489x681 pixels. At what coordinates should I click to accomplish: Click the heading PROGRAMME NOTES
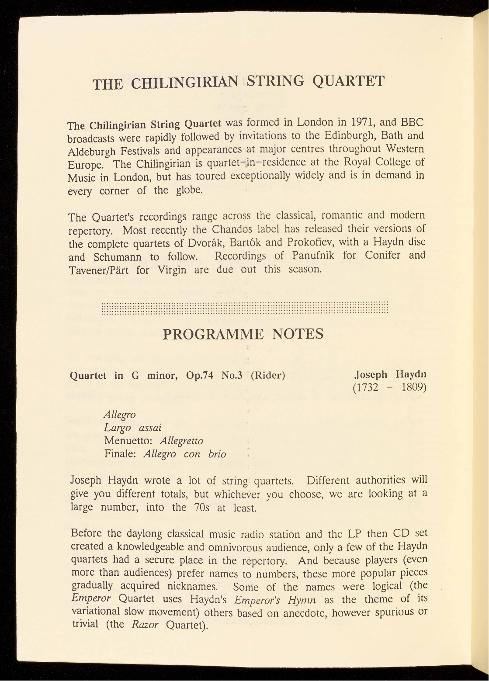click(243, 335)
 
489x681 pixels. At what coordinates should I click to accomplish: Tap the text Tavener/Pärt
click(98, 270)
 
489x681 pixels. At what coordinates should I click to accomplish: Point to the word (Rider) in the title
click(268, 376)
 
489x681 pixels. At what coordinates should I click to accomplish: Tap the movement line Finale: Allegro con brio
click(165, 454)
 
